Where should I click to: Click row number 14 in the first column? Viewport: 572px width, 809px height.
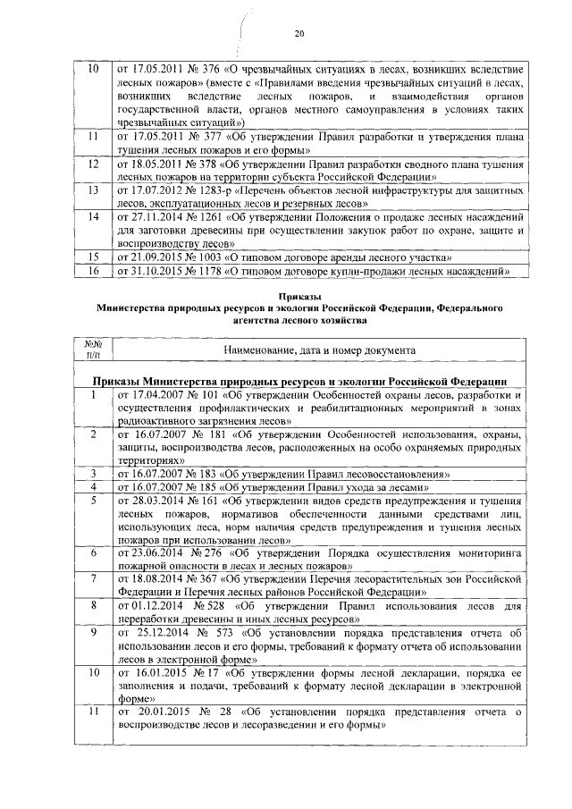click(x=89, y=216)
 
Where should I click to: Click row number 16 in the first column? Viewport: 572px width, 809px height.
click(x=89, y=269)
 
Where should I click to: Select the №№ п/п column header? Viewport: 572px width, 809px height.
click(x=89, y=350)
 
